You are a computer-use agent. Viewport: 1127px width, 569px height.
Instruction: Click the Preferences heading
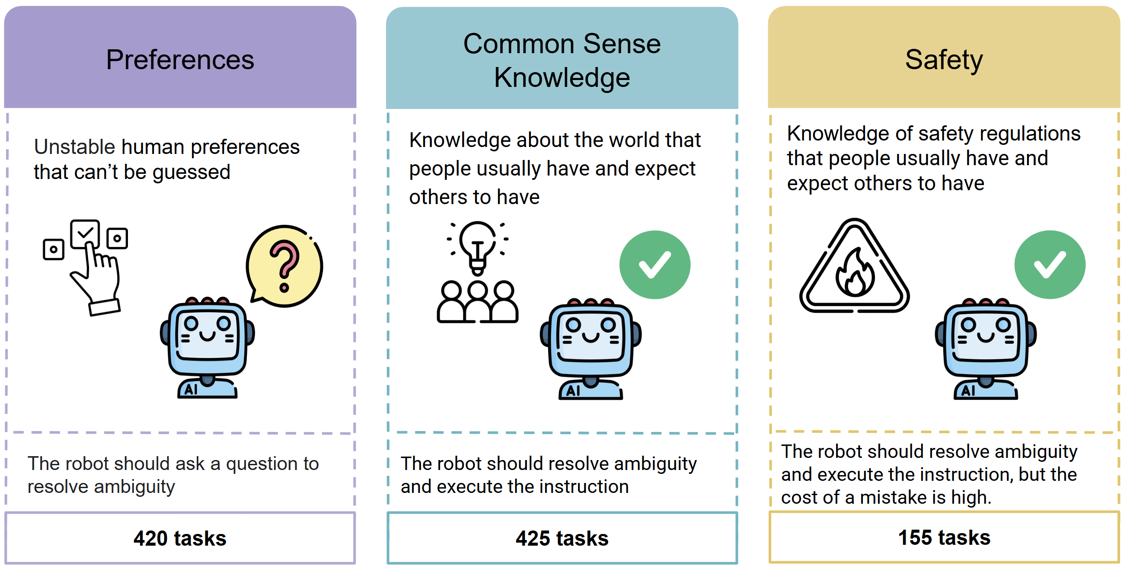pos(180,60)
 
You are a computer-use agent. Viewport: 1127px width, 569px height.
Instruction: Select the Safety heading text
pos(944,60)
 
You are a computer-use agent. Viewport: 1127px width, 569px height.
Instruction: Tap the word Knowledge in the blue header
pos(562,77)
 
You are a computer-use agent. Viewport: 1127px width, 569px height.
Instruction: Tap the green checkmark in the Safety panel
pos(1050,265)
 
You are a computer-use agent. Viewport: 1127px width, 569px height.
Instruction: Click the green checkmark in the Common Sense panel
pos(654,265)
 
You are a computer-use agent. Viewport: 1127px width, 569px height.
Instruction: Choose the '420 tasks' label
pos(180,538)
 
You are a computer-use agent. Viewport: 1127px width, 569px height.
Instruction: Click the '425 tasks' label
pos(562,538)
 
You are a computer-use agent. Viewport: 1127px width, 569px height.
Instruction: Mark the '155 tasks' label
pos(944,537)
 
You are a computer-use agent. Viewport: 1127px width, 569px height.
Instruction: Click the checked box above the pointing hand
pos(85,233)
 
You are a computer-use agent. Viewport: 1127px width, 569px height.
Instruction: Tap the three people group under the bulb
pos(477,302)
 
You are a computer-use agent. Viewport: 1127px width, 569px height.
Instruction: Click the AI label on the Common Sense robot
pos(573,390)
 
